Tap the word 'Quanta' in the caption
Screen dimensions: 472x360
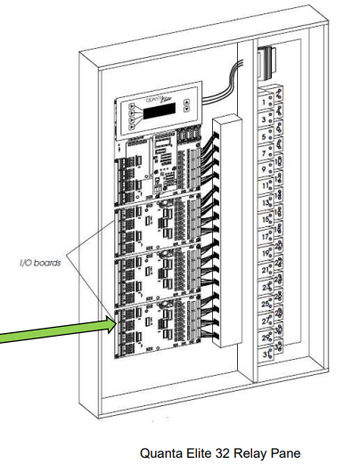pos(161,454)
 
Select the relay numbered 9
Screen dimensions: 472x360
pos(268,169)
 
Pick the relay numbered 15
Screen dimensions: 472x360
pos(269,219)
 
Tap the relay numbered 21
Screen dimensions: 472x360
pos(270,270)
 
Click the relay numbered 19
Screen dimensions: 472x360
pos(270,253)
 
